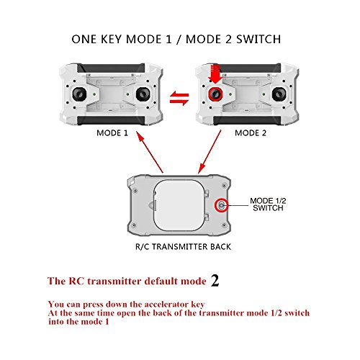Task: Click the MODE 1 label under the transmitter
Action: [x=112, y=133]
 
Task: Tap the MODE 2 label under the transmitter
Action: [x=251, y=133]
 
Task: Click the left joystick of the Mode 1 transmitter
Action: [x=79, y=94]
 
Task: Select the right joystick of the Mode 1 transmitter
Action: [x=143, y=94]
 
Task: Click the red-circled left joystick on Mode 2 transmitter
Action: [x=215, y=94]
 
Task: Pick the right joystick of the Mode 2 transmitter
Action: [x=279, y=94]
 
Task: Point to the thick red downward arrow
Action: [x=215, y=74]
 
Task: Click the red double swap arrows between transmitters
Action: [x=179, y=99]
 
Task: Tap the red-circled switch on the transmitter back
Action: [x=222, y=205]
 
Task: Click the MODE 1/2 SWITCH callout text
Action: [x=268, y=204]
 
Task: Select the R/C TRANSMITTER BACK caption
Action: [x=183, y=247]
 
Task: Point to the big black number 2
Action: [x=215, y=280]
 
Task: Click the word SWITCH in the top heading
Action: [x=258, y=39]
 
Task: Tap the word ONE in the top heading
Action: [x=84, y=39]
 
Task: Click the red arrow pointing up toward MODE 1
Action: [x=150, y=152]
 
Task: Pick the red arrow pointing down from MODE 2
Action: [x=210, y=152]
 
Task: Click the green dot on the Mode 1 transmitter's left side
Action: [x=94, y=94]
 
